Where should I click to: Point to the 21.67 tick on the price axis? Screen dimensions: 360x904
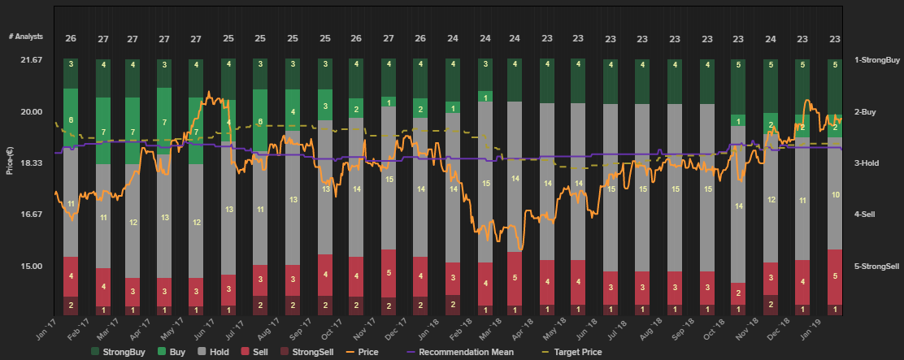(30, 59)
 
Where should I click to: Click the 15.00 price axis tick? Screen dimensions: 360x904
(30, 266)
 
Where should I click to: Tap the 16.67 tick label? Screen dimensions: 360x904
(30, 215)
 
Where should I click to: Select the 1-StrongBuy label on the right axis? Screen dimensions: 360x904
(877, 59)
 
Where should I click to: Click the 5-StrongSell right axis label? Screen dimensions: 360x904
(877, 266)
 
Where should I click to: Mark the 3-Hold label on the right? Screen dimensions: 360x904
(867, 163)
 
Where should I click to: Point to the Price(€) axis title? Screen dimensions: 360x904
(10, 162)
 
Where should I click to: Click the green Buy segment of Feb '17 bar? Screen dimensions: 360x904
(103, 131)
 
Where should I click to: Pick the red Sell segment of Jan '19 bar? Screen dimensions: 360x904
(834, 276)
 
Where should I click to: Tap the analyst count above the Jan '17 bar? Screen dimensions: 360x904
(71, 38)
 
